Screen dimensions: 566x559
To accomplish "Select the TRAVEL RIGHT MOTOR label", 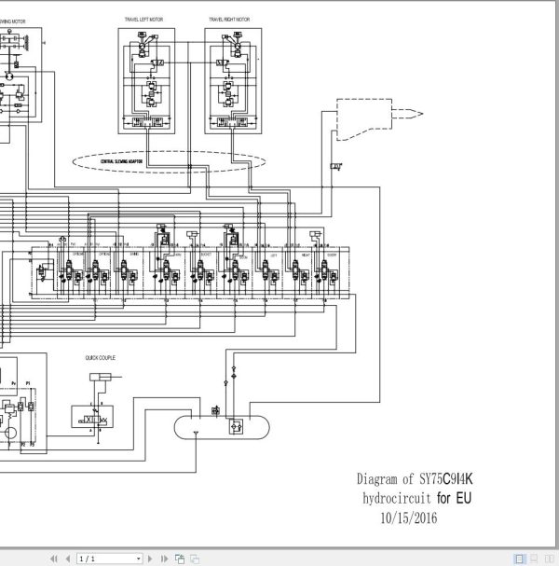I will [227, 18].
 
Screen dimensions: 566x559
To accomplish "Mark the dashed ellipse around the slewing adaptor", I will [168, 162].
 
